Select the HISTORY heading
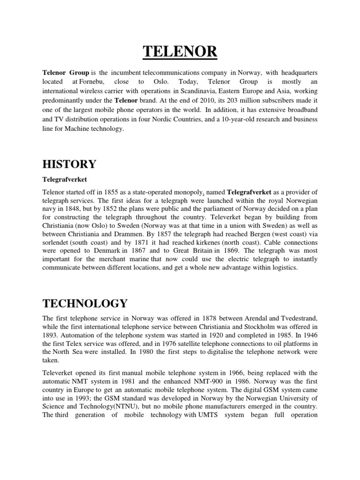click(x=69, y=164)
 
